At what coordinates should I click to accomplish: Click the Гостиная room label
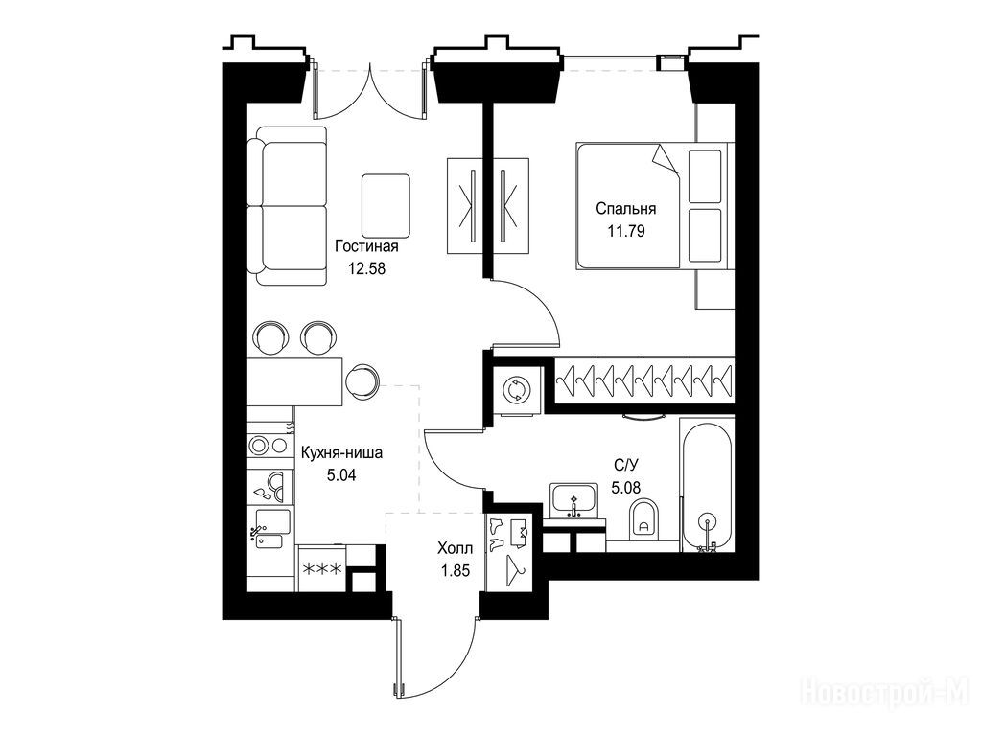pyautogui.click(x=366, y=246)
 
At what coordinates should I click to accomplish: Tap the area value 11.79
pyautogui.click(x=625, y=232)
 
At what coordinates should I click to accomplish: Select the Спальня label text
pyautogui.click(x=625, y=209)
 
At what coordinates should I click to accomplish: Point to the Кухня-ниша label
pyautogui.click(x=341, y=452)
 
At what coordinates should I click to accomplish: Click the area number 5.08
pyautogui.click(x=625, y=487)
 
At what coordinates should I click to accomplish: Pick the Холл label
pyautogui.click(x=456, y=549)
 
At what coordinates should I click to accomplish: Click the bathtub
pyautogui.click(x=707, y=485)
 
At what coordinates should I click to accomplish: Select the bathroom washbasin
pyautogui.click(x=574, y=500)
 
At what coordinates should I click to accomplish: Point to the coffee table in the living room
pyautogui.click(x=386, y=204)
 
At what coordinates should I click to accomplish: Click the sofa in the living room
pyautogui.click(x=287, y=207)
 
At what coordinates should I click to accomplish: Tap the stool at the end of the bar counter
pyautogui.click(x=362, y=380)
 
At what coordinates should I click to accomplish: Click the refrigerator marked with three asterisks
pyautogui.click(x=322, y=568)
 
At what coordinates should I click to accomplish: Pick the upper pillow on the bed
pyautogui.click(x=705, y=176)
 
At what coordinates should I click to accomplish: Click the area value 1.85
pyautogui.click(x=456, y=571)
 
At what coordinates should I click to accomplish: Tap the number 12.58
pyautogui.click(x=366, y=269)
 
